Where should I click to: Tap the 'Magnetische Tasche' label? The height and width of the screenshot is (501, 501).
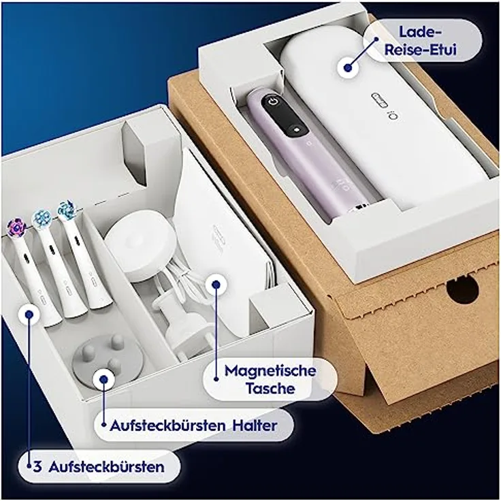coord(270,380)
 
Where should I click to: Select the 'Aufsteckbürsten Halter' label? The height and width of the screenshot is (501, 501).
coord(194,426)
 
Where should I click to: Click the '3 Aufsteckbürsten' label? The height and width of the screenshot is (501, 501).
coord(102,467)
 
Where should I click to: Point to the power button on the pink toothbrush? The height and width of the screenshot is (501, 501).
coord(273,103)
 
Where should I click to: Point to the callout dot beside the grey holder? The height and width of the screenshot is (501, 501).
coord(103,379)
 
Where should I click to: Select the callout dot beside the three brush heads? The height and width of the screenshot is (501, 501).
coord(29,314)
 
